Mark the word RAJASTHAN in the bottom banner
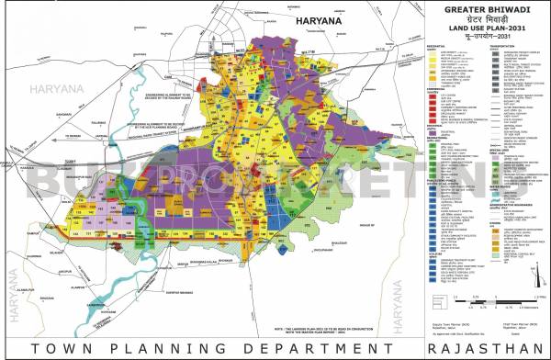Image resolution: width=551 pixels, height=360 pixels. point(483,346)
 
